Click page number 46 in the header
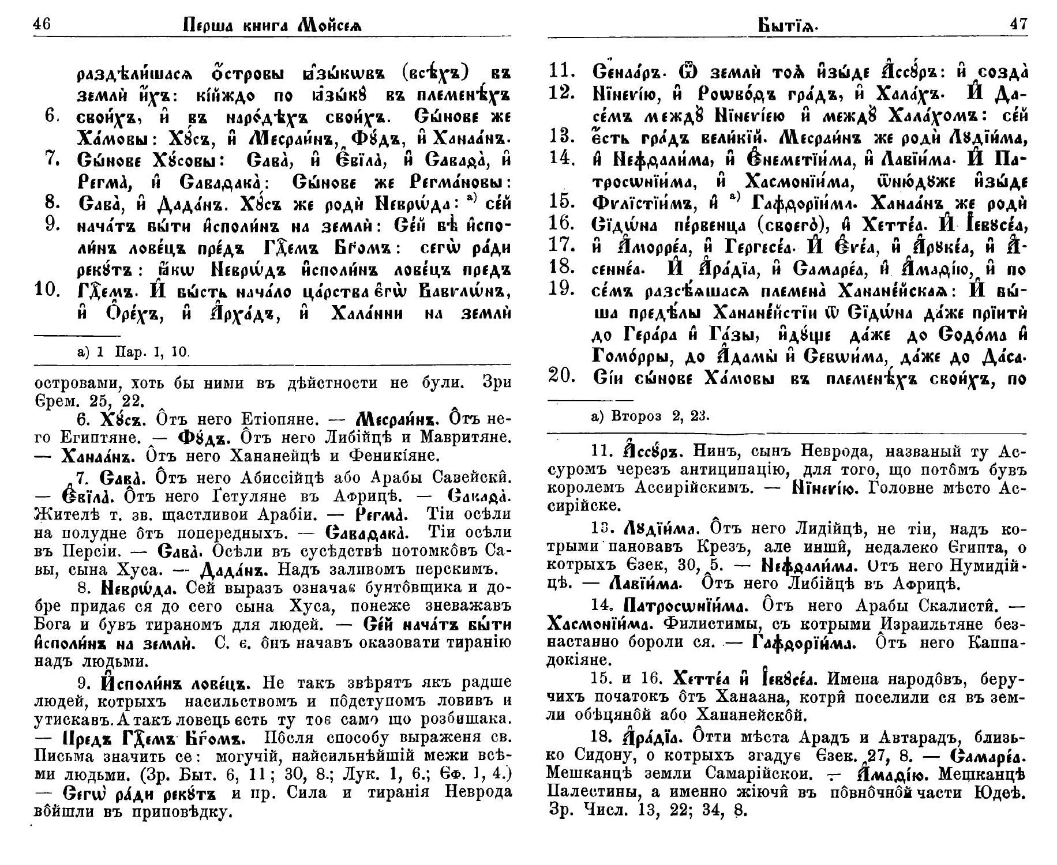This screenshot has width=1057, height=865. [x=43, y=25]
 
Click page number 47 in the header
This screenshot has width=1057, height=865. [x=1017, y=25]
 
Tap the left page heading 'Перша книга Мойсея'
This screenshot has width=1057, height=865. [x=274, y=26]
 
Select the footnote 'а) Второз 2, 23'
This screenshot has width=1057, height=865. [x=651, y=416]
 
